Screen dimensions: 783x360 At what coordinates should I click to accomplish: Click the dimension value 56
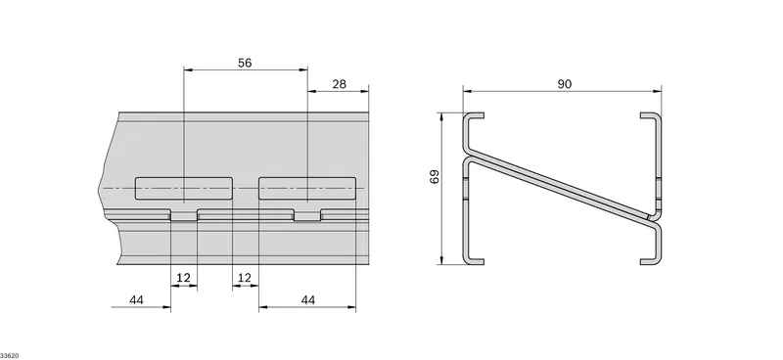pos(245,63)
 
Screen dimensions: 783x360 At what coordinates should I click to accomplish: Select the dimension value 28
pos(339,84)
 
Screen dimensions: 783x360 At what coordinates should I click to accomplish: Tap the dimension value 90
pos(565,84)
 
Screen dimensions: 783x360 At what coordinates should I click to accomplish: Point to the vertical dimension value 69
pos(435,177)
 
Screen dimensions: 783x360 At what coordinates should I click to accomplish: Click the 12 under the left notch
pos(184,278)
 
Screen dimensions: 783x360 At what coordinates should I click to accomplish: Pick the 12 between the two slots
pos(245,278)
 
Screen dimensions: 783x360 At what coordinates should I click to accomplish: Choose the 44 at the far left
pos(136,300)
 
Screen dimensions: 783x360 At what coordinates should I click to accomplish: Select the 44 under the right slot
pos(308,300)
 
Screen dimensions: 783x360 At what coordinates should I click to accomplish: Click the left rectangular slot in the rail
pos(184,188)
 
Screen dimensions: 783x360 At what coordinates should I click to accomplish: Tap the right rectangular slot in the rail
pos(307,188)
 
